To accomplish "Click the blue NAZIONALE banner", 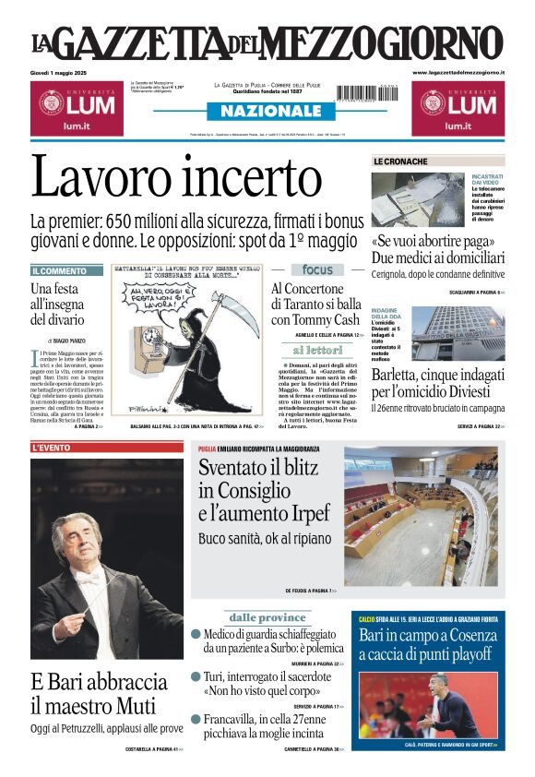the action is pyautogui.click(x=267, y=112).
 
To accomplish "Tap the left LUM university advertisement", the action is pyautogui.click(x=76, y=106).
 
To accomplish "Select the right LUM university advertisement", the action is pyautogui.click(x=458, y=106).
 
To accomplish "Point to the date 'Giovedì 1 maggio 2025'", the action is pyautogui.click(x=65, y=72).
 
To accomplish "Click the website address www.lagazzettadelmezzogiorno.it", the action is pyautogui.click(x=458, y=72).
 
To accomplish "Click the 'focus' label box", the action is pyautogui.click(x=316, y=269).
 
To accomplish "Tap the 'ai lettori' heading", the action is pyautogui.click(x=317, y=351).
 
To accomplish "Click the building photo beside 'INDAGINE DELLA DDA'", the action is pyautogui.click(x=458, y=333).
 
